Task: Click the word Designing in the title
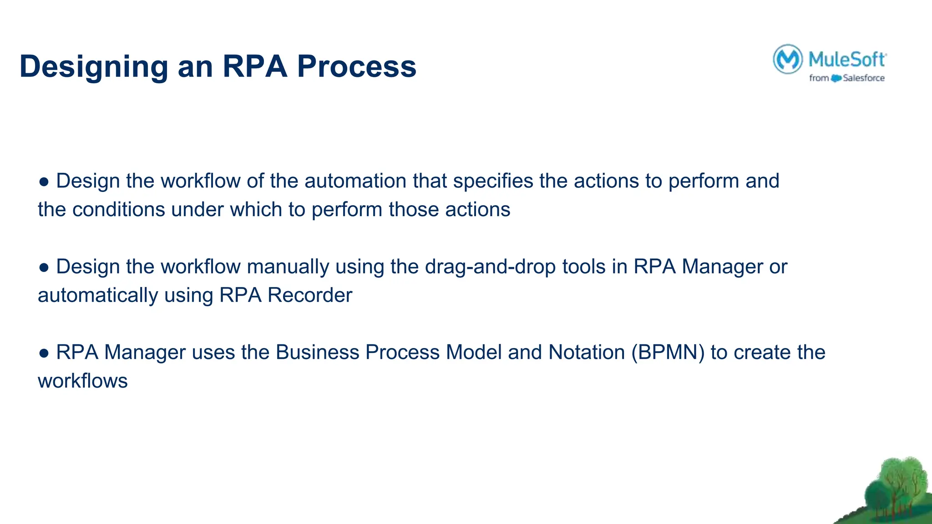click(x=94, y=66)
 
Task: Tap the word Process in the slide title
click(x=356, y=66)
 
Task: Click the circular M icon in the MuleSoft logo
click(x=787, y=59)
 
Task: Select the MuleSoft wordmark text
click(x=847, y=60)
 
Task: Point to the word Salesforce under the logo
click(x=863, y=78)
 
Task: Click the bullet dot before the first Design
click(x=44, y=182)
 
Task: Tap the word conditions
click(x=118, y=210)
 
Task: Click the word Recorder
click(x=309, y=295)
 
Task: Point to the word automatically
click(x=98, y=295)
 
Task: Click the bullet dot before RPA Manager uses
click(x=44, y=353)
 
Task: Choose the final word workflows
click(x=82, y=381)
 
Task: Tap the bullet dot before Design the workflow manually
click(x=44, y=267)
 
